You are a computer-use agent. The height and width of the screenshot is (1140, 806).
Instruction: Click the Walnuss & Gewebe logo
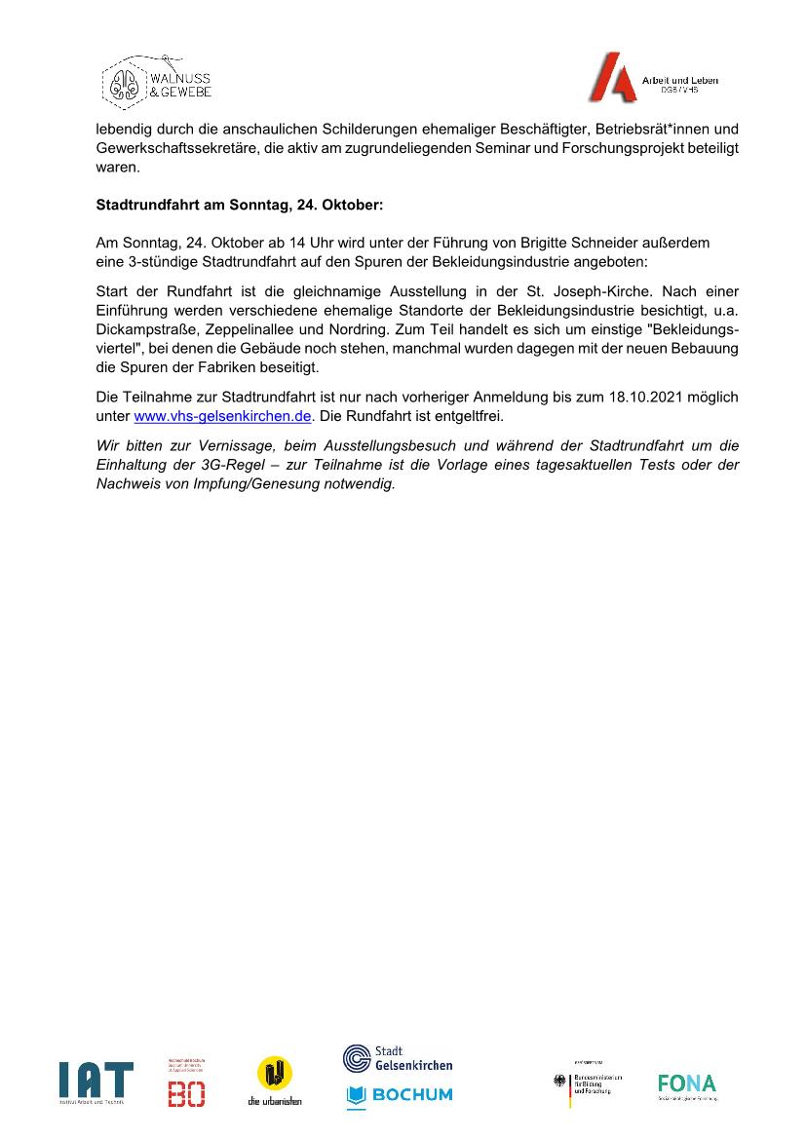point(156,80)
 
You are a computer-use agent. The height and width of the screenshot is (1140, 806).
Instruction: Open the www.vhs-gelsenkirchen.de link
point(222,416)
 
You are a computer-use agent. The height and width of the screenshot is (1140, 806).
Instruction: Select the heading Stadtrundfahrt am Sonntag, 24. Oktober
point(240,206)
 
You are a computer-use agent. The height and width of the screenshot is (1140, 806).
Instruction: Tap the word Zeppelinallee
point(249,331)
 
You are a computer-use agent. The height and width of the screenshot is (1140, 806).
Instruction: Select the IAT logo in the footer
point(96,1083)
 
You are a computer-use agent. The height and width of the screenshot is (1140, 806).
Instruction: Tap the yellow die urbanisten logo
point(274,1080)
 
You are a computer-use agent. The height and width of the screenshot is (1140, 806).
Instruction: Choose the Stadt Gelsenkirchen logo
point(398,1058)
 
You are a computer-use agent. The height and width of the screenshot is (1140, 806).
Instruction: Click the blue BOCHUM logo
point(399,1095)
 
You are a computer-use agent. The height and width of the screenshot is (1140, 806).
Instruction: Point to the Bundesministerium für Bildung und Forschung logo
point(588,1083)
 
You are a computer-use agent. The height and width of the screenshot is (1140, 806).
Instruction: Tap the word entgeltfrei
point(466,416)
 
